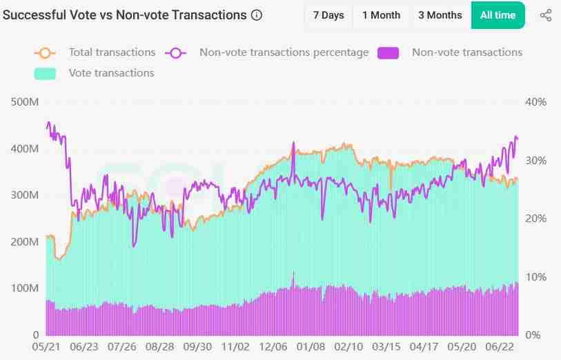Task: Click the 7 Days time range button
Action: point(328,15)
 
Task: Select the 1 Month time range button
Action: point(381,15)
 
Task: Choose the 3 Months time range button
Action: point(440,15)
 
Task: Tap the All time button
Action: point(498,15)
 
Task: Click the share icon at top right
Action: point(545,15)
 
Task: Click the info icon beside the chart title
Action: point(257,15)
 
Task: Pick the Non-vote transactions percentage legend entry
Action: point(283,52)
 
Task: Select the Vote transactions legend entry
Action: point(111,72)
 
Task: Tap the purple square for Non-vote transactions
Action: point(389,52)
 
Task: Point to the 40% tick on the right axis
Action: point(535,102)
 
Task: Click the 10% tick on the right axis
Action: point(535,277)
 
